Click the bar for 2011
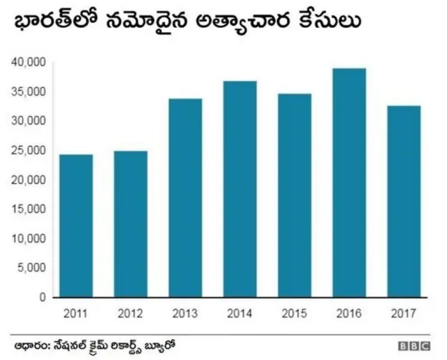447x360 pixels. (76, 225)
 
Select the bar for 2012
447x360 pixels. (131, 224)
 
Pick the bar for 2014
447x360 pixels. (240, 189)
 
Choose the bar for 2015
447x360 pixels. (294, 195)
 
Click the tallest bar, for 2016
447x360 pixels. (349, 183)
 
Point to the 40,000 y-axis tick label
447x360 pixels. (29, 63)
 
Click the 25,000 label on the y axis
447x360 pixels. (29, 151)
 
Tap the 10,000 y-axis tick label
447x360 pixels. (29, 239)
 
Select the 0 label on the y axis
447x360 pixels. (43, 297)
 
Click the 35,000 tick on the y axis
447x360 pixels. (29, 92)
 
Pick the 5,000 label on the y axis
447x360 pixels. (31, 268)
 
